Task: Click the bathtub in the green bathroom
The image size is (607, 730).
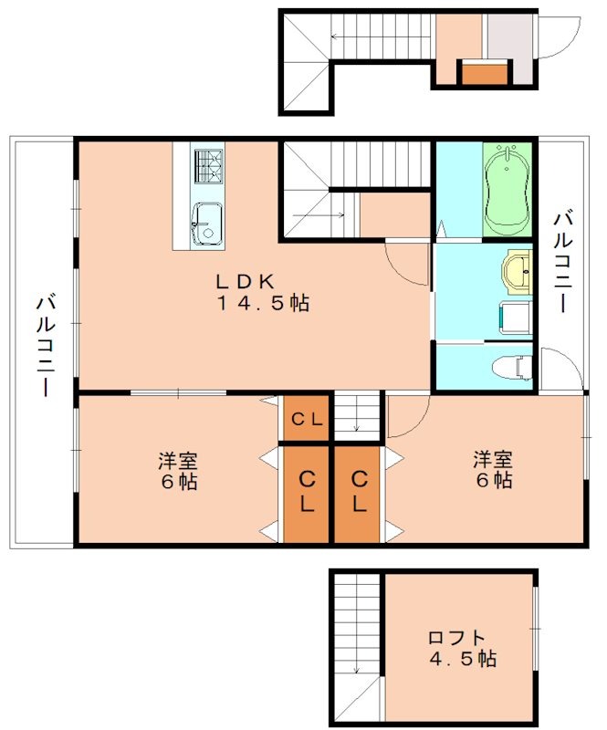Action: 507,189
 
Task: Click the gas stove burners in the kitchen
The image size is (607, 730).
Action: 207,166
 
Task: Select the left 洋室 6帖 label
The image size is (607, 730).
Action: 177,470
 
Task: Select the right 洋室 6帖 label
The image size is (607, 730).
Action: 492,470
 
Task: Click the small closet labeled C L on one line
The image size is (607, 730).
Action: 305,420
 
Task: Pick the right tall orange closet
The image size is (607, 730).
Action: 359,493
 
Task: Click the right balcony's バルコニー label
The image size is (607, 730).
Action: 563,261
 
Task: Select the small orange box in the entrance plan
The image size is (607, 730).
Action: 485,71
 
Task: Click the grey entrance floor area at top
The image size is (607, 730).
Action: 508,36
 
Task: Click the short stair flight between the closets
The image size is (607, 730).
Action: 357,415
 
